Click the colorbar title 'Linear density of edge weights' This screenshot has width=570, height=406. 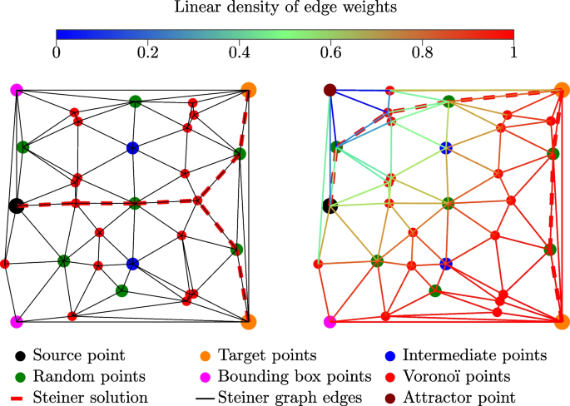point(285,9)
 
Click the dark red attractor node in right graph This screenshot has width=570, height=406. point(330,90)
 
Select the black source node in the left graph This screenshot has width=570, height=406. point(15,205)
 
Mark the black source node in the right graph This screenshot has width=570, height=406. point(330,205)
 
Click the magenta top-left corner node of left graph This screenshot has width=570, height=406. point(16,89)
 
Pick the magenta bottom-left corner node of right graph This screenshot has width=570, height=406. point(330,321)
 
